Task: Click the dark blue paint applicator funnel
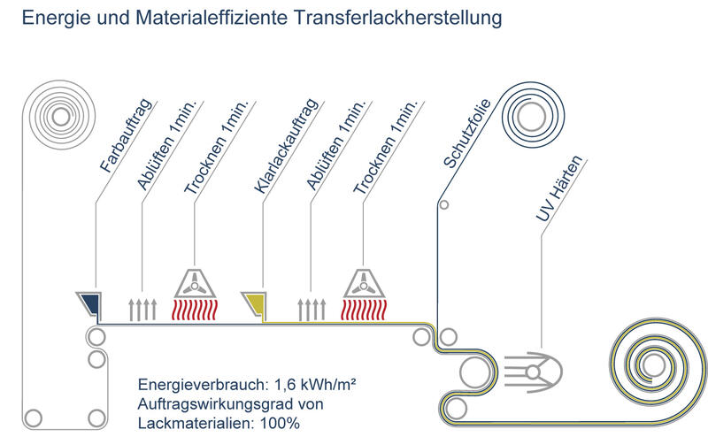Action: point(88,303)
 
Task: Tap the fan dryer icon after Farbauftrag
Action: point(194,284)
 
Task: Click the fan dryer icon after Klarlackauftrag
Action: point(364,284)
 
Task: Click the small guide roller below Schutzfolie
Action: point(444,204)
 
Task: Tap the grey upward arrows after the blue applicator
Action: point(142,309)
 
